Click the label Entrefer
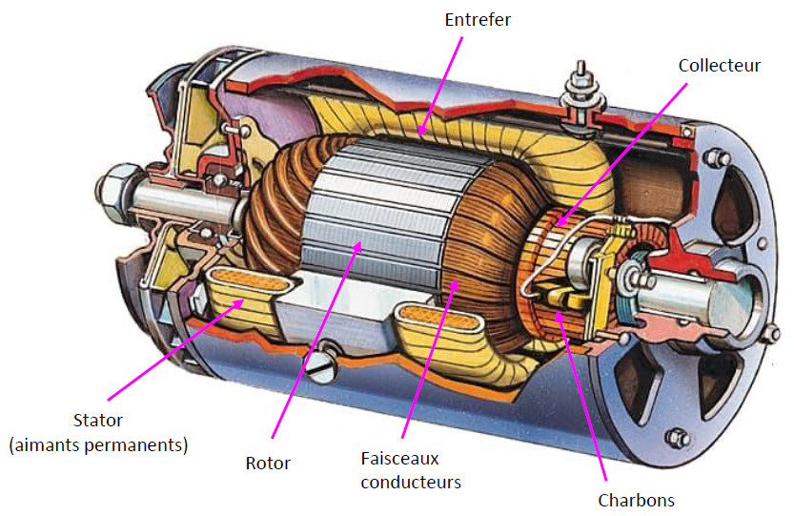coord(478,19)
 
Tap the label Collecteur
coord(720,65)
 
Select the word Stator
coord(98,420)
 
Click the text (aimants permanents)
coord(98,444)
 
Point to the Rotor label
coord(268,464)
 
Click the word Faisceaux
coord(400,458)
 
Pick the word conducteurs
coord(412,482)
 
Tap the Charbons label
coord(636,500)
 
